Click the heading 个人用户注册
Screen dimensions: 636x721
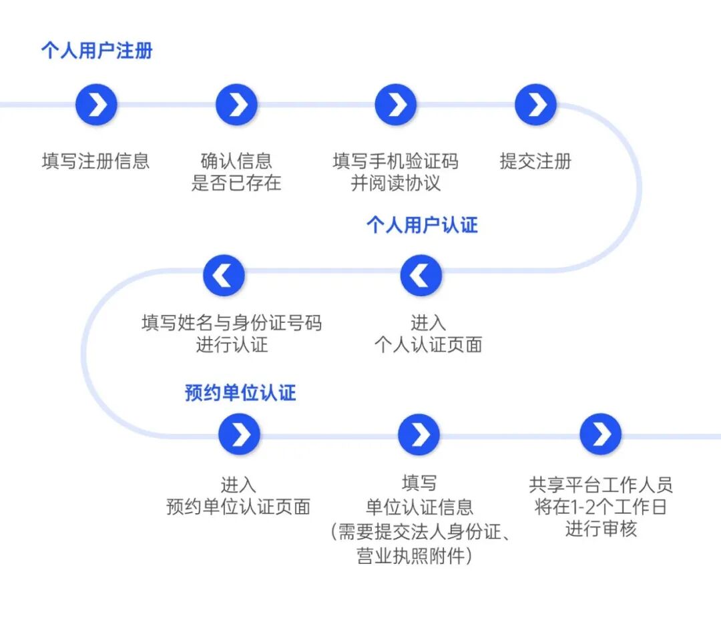pos(97,51)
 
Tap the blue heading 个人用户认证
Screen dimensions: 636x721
pos(422,225)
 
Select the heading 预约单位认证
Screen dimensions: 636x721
pos(240,392)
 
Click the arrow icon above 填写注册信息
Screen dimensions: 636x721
pos(97,105)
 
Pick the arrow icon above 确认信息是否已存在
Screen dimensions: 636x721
pos(236,105)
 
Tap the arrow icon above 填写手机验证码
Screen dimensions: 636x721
pos(396,105)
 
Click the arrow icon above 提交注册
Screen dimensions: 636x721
pos(536,105)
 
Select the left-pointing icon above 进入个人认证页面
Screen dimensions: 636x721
pos(421,275)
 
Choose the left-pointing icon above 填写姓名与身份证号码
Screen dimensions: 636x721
pos(224,275)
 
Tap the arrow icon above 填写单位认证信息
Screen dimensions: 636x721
pos(419,434)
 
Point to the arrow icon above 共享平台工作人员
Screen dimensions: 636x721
pos(601,434)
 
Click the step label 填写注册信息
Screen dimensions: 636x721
pos(96,161)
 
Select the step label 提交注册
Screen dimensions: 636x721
pos(536,161)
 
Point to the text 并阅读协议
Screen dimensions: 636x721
pos(396,183)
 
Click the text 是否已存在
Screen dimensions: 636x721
pos(236,183)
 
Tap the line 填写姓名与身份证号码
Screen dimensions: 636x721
pos(232,323)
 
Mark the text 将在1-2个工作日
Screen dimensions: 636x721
pos(601,507)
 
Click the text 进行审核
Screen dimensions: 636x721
pos(601,529)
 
